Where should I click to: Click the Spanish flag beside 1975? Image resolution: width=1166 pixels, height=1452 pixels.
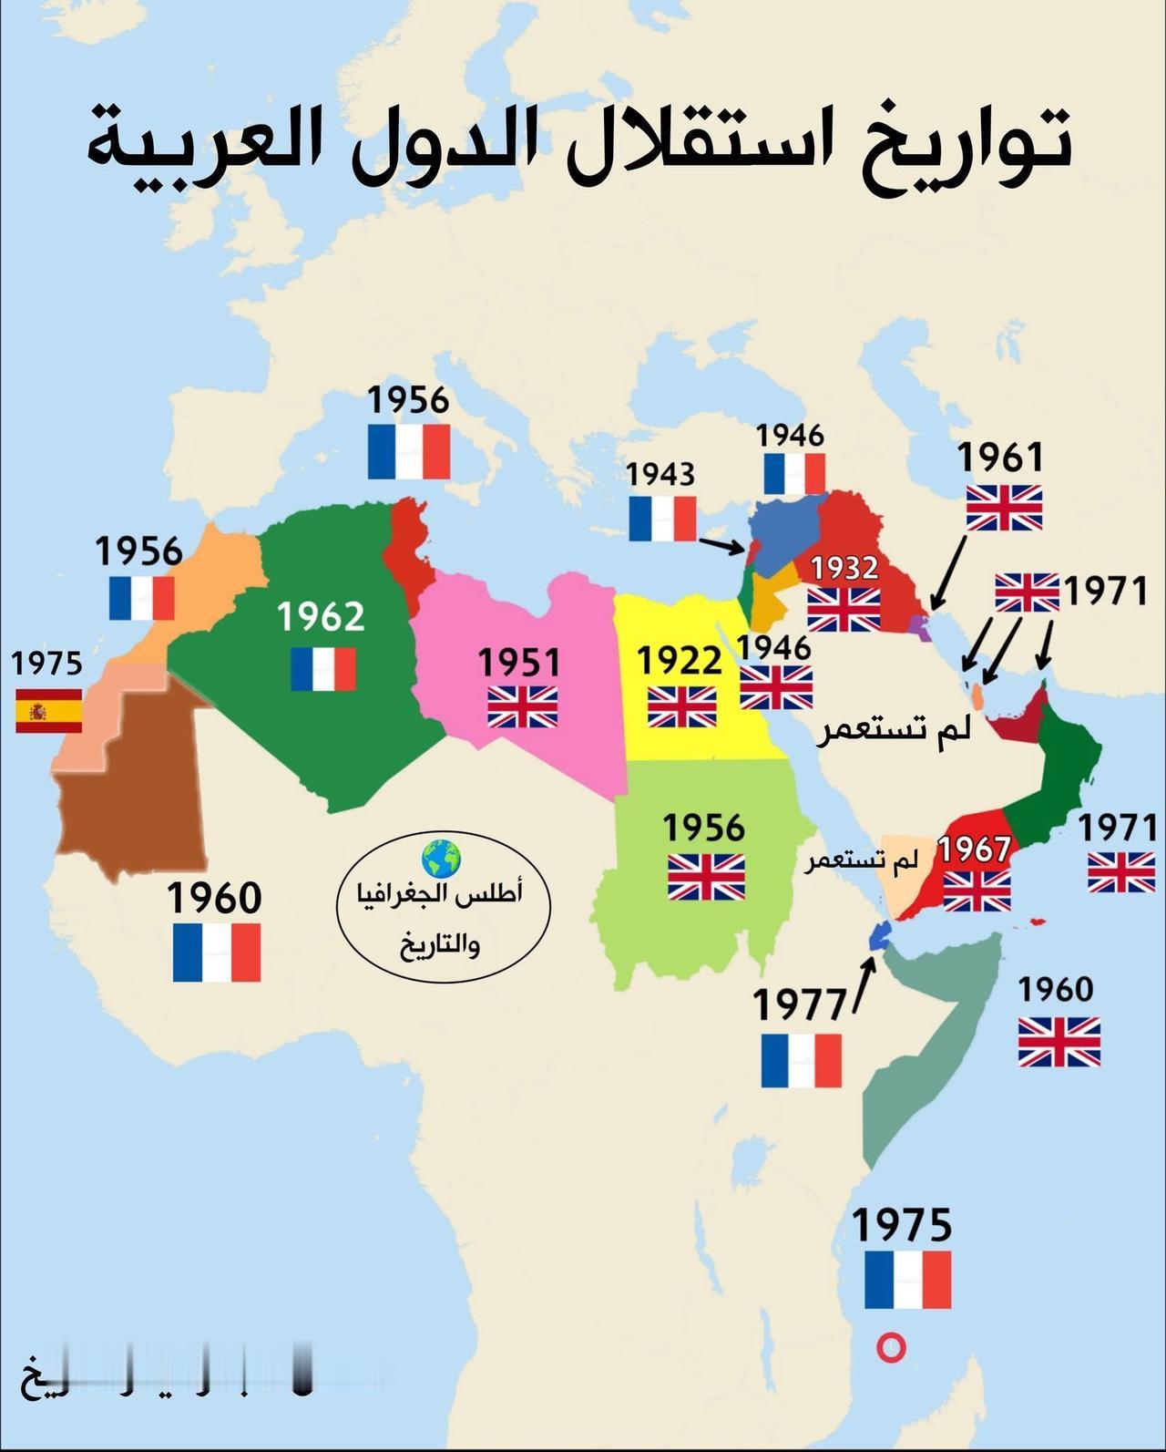tap(49, 711)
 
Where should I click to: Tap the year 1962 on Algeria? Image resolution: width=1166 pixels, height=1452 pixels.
tap(321, 616)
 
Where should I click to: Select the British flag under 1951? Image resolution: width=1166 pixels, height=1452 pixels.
tap(522, 706)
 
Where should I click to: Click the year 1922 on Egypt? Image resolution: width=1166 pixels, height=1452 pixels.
tap(679, 659)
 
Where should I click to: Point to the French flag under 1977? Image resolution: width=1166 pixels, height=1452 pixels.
tap(802, 1060)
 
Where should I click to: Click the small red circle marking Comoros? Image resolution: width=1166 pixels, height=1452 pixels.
tap(891, 1348)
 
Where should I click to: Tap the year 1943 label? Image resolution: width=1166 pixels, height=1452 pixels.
tap(660, 474)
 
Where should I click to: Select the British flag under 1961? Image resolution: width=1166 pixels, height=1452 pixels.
tap(1004, 508)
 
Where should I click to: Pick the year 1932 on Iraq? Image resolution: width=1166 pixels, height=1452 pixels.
tap(844, 568)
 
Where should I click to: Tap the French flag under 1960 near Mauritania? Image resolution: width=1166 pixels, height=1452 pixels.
tap(217, 953)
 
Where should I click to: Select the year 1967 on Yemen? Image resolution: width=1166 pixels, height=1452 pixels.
tap(975, 850)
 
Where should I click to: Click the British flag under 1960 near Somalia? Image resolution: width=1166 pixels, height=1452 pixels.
tap(1059, 1041)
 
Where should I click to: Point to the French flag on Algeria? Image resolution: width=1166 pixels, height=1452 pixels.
tap(323, 669)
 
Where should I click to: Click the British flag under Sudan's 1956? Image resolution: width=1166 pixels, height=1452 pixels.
tap(706, 877)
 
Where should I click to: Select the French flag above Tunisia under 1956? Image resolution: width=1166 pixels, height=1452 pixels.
tap(409, 451)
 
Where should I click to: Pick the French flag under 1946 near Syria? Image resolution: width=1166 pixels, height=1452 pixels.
tap(794, 474)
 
